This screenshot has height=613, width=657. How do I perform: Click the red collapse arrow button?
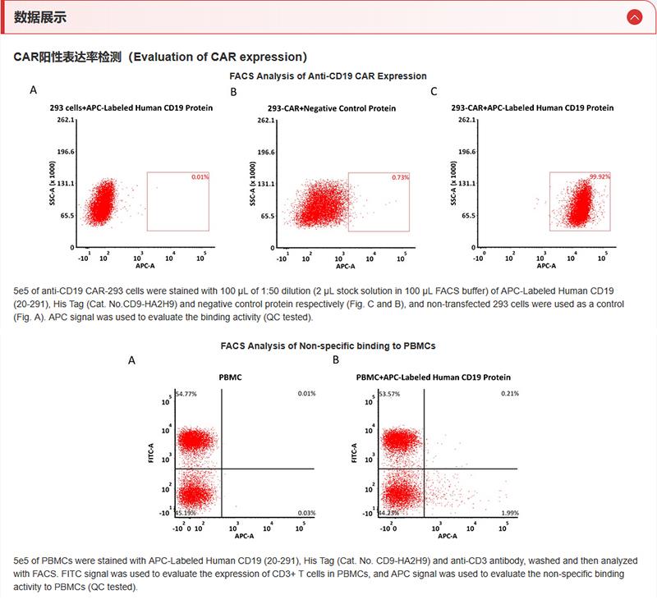click(633, 17)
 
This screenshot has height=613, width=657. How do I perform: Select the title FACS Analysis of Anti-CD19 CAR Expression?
click(328, 75)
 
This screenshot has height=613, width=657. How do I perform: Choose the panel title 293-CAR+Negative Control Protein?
click(332, 108)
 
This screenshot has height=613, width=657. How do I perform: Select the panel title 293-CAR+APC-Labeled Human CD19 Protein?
click(532, 108)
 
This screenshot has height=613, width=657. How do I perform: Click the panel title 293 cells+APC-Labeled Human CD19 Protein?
click(131, 108)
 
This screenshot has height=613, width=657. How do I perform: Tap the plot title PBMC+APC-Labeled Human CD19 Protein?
click(434, 378)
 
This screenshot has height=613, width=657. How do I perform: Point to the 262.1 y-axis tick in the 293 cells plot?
click(67, 120)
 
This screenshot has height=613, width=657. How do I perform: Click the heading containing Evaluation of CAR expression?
click(161, 57)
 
